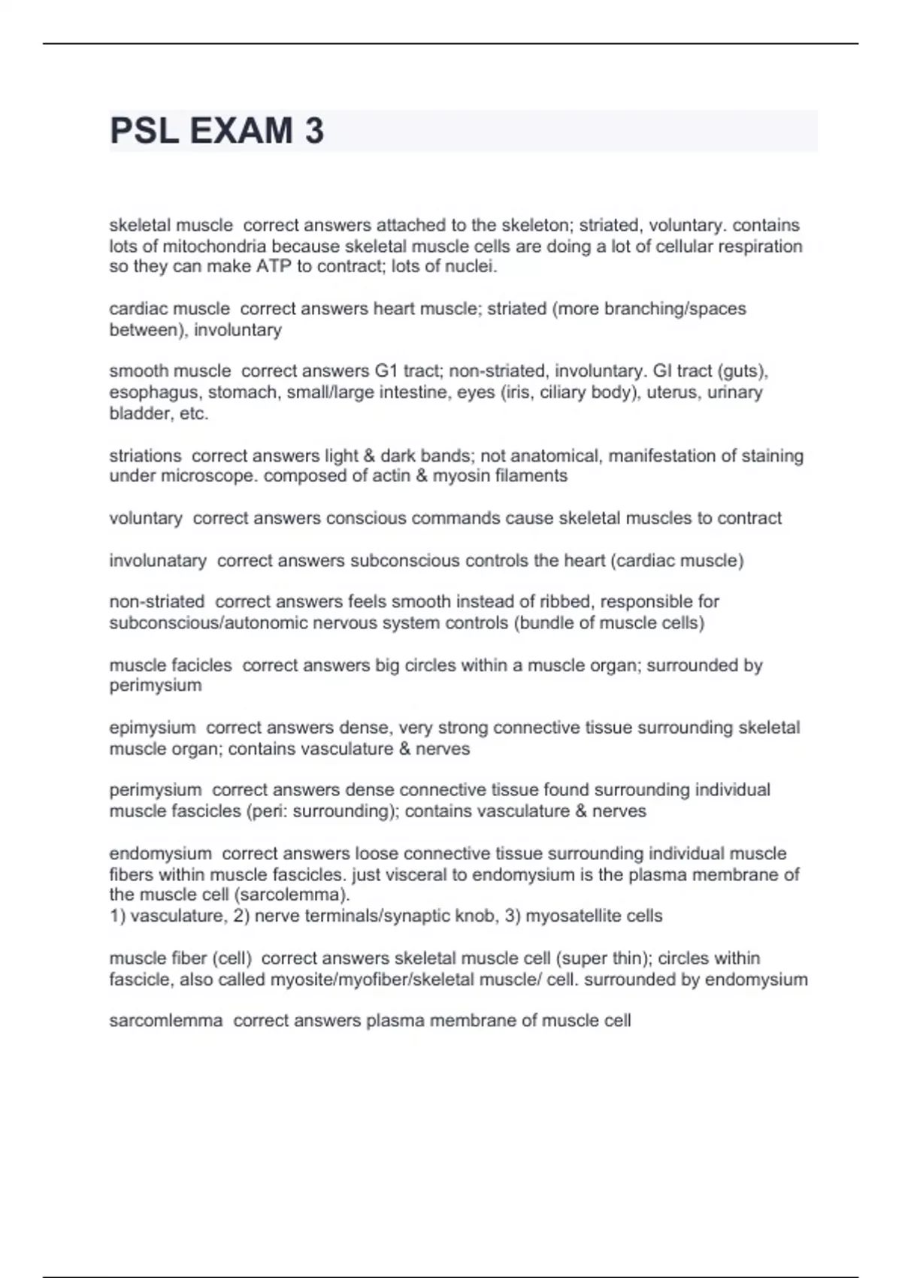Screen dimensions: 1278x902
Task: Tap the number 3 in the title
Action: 314,131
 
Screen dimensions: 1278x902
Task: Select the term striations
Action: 145,456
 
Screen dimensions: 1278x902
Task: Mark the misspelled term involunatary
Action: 158,561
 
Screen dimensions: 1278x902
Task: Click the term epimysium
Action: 153,728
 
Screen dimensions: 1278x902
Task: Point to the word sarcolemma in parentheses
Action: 304,895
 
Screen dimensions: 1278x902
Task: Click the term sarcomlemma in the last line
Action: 166,1021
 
